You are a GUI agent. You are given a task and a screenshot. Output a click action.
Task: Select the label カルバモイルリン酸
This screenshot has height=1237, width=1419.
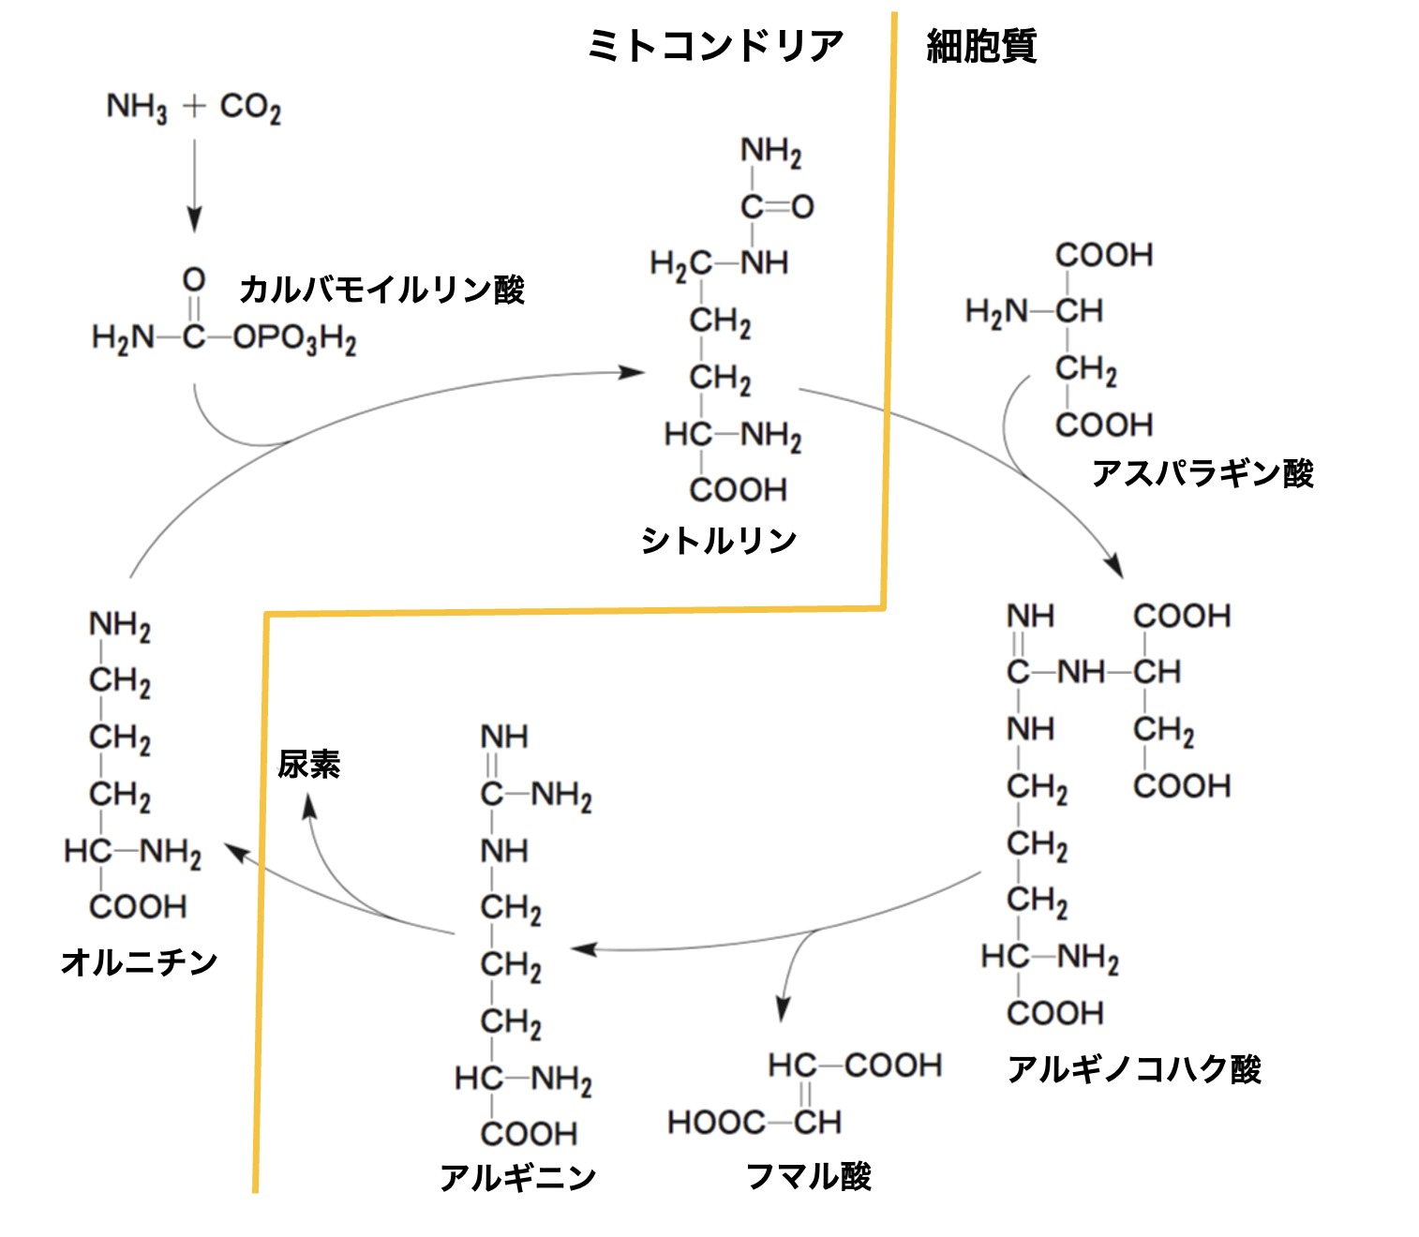coord(381,290)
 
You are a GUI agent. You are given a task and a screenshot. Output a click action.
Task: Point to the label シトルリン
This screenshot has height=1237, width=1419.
coord(719,541)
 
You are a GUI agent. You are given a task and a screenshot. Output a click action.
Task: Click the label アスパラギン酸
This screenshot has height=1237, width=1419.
coord(1202,473)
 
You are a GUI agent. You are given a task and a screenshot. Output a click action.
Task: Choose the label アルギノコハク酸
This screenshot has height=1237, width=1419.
coord(1134,1068)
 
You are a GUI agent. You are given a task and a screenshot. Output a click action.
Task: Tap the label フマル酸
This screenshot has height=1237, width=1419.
coord(809,1176)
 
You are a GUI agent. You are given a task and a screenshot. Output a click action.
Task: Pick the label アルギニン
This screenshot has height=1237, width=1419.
coord(517,1177)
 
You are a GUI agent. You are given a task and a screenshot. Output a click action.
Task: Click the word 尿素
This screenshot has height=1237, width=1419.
coord(308,765)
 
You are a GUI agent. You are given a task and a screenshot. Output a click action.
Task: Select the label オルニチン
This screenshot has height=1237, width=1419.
coord(139,961)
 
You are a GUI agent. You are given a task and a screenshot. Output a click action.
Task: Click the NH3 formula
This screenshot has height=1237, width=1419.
coord(137,108)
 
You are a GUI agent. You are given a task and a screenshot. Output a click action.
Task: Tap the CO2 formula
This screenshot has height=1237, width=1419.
coord(250,108)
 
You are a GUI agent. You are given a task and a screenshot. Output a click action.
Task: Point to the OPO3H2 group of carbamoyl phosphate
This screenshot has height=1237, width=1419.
coord(294,338)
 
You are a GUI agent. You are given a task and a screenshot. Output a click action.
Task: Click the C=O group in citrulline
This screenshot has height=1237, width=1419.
coord(777,206)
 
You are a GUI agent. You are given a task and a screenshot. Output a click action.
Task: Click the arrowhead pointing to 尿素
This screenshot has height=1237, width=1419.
coord(308,805)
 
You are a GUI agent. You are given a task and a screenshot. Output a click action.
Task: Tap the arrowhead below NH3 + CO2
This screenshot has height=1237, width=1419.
coord(194,221)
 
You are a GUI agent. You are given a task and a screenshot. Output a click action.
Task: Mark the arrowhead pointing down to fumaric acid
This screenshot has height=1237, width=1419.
coord(784,1008)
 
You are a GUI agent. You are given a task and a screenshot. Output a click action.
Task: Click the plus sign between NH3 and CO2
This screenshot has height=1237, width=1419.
coord(194,106)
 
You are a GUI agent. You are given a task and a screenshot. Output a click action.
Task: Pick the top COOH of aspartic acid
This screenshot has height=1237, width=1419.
coord(1104,255)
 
